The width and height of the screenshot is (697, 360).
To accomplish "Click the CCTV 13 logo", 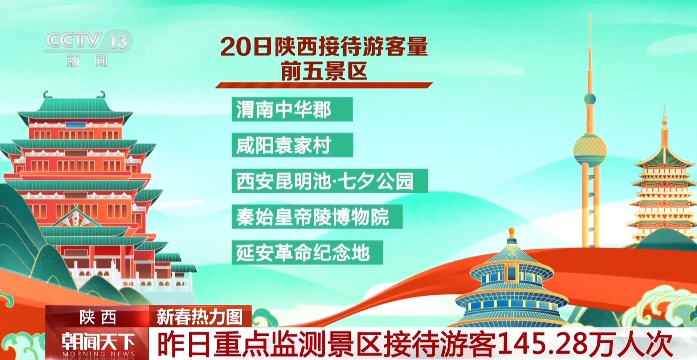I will tap(89, 41).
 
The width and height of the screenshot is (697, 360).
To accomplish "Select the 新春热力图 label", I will tap(200, 317).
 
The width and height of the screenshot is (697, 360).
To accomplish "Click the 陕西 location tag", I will tap(98, 318).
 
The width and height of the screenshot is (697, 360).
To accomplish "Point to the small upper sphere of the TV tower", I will tap(590, 99).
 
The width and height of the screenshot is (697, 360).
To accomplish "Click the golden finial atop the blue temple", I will tap(511, 231).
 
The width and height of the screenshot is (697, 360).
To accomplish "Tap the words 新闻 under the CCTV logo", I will tap(87, 61).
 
